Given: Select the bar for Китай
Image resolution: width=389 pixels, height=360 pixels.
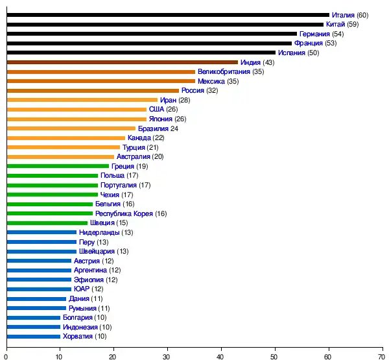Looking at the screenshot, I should tap(165, 24).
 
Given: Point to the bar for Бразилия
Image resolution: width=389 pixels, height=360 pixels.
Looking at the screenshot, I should tap(71, 128).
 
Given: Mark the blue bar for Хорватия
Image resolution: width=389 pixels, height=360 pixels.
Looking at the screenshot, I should tap(33, 336).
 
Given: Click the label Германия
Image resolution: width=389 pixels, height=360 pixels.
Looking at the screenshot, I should tap(314, 34).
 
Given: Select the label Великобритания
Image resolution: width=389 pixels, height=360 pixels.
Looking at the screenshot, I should tap(224, 71).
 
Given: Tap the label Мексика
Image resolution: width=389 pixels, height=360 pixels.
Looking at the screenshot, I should tap(211, 81).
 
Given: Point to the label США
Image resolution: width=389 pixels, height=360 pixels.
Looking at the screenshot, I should tap(156, 109).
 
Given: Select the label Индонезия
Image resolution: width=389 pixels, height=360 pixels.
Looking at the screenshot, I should tap(80, 327).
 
